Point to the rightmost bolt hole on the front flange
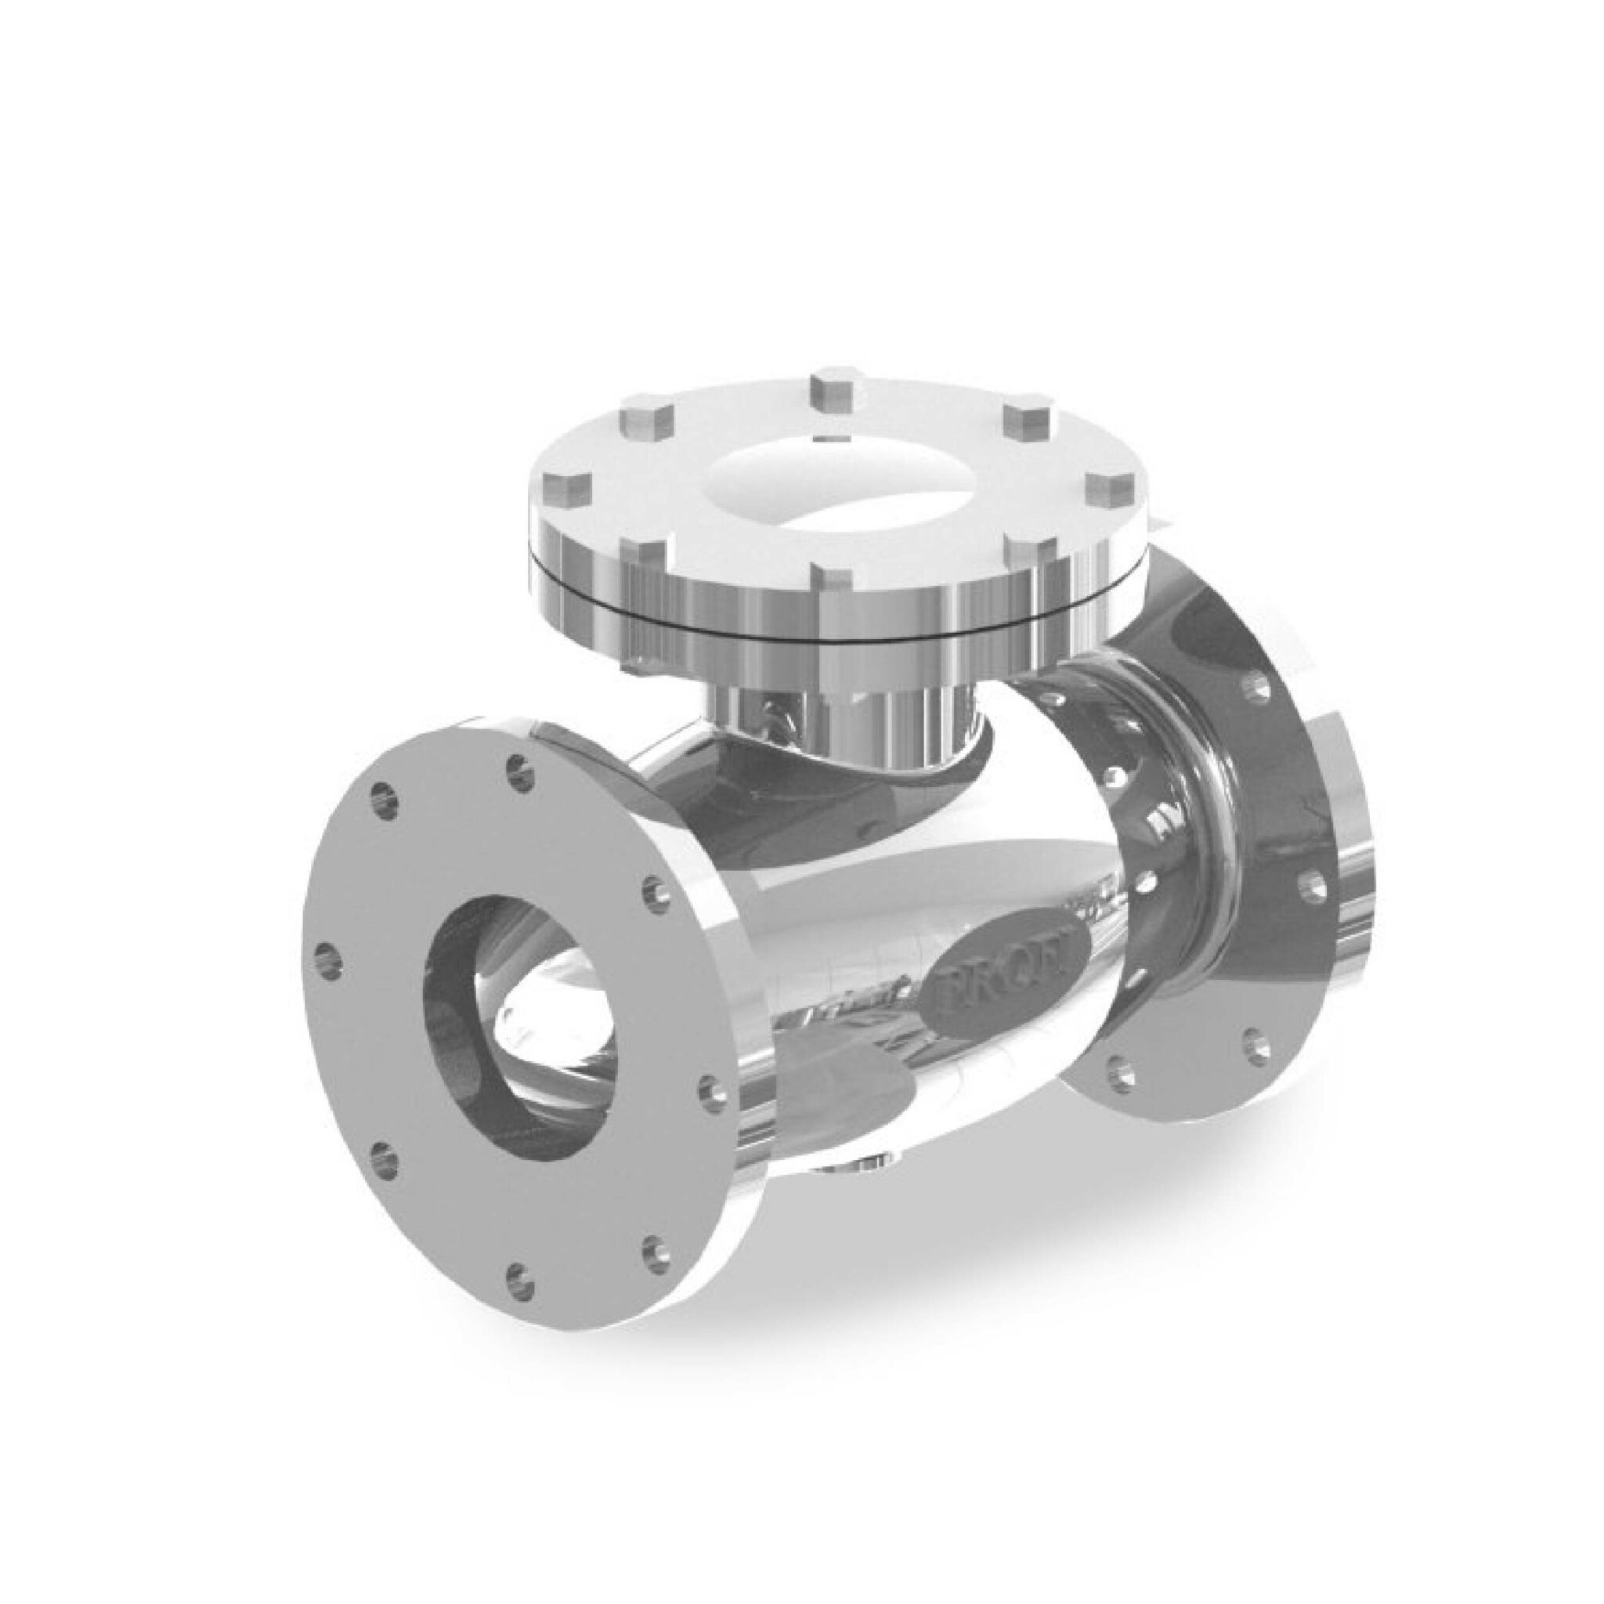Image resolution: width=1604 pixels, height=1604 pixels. coord(710,1088)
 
